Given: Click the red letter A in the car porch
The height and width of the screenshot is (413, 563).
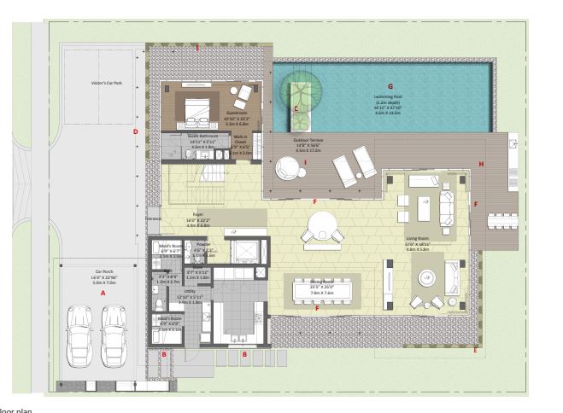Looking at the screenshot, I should [103, 292].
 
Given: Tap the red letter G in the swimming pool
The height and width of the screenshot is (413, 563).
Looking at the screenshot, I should [390, 86].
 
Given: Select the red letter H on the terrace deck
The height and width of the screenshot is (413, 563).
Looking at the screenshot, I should [481, 164].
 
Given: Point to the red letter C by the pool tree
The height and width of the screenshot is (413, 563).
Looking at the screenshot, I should [296, 108].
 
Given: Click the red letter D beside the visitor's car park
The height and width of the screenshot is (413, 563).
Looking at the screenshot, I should [135, 131].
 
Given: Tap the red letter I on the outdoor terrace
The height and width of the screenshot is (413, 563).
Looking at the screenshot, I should [281, 160].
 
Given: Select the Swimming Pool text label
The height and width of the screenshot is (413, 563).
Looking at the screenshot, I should [390, 97].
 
